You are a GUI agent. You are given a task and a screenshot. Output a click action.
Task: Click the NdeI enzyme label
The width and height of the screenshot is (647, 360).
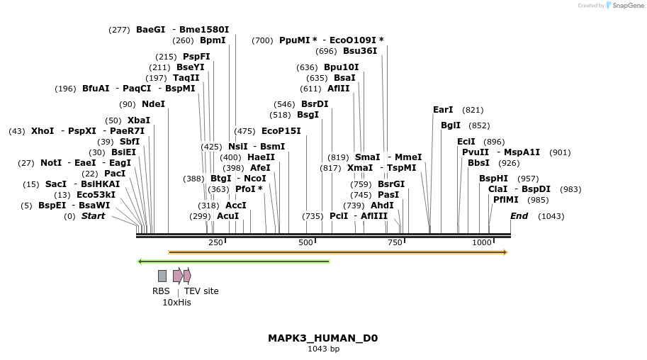[x=153, y=104]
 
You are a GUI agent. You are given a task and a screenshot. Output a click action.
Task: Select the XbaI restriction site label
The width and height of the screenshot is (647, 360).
[x=138, y=120]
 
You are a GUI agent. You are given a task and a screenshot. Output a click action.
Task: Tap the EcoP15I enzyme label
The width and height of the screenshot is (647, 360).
[x=281, y=131]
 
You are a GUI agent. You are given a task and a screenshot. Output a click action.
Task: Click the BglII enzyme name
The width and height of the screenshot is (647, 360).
[x=451, y=125]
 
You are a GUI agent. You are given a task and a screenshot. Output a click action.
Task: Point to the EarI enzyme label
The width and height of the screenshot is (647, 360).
[x=443, y=110]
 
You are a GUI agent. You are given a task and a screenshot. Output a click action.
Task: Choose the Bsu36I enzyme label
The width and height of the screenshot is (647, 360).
[x=360, y=51]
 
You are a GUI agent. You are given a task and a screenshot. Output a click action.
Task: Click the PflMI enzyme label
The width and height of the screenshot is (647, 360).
[x=505, y=200]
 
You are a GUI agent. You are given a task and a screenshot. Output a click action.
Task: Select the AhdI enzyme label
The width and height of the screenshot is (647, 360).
[x=382, y=206]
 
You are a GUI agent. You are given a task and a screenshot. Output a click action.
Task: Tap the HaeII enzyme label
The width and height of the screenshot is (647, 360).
[x=261, y=157]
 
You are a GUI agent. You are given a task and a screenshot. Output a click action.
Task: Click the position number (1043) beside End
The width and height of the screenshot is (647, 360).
[x=551, y=216]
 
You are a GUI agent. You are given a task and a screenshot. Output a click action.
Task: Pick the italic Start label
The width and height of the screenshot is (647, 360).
[x=93, y=216]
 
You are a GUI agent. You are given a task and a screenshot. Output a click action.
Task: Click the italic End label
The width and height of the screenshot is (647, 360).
[x=519, y=216]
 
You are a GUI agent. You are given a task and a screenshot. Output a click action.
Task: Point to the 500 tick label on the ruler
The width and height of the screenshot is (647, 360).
[x=305, y=242]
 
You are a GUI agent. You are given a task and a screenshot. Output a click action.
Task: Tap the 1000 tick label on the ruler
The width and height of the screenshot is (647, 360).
[x=482, y=242]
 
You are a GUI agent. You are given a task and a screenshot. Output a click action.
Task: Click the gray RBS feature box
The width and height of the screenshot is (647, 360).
[x=162, y=276]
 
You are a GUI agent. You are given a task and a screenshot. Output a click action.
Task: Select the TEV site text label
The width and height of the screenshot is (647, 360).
[x=201, y=291]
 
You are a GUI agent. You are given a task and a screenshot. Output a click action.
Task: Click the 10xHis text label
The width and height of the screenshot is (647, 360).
[x=176, y=303]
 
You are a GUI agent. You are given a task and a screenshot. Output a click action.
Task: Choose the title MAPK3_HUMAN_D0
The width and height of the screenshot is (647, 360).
[x=322, y=338]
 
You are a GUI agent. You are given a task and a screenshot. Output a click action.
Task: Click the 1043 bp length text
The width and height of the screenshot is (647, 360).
[x=322, y=349]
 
